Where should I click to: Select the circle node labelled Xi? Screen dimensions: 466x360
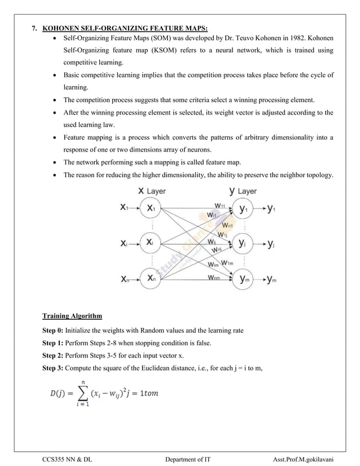(151, 243)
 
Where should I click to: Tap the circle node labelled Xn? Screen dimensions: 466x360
(151, 279)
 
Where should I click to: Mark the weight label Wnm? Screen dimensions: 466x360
(214, 278)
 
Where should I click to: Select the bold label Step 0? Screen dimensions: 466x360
(53, 331)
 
